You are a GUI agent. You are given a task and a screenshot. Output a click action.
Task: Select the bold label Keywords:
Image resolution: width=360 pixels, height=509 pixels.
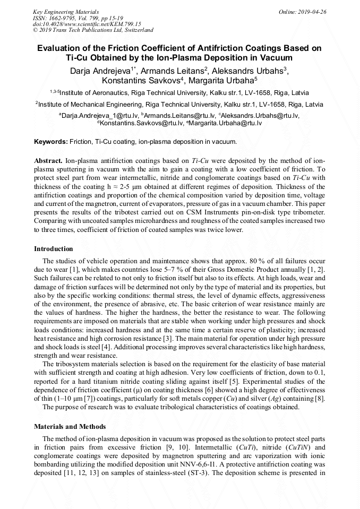51,142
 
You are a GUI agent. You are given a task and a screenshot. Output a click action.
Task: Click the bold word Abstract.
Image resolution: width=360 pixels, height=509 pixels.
48,160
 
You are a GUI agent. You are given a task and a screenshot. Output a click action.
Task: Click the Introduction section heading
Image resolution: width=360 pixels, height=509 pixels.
54,248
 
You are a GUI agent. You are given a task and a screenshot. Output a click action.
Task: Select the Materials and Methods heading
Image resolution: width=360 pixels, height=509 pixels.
70,426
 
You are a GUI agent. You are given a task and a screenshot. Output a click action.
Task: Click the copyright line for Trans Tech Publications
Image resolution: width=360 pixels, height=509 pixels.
93,30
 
